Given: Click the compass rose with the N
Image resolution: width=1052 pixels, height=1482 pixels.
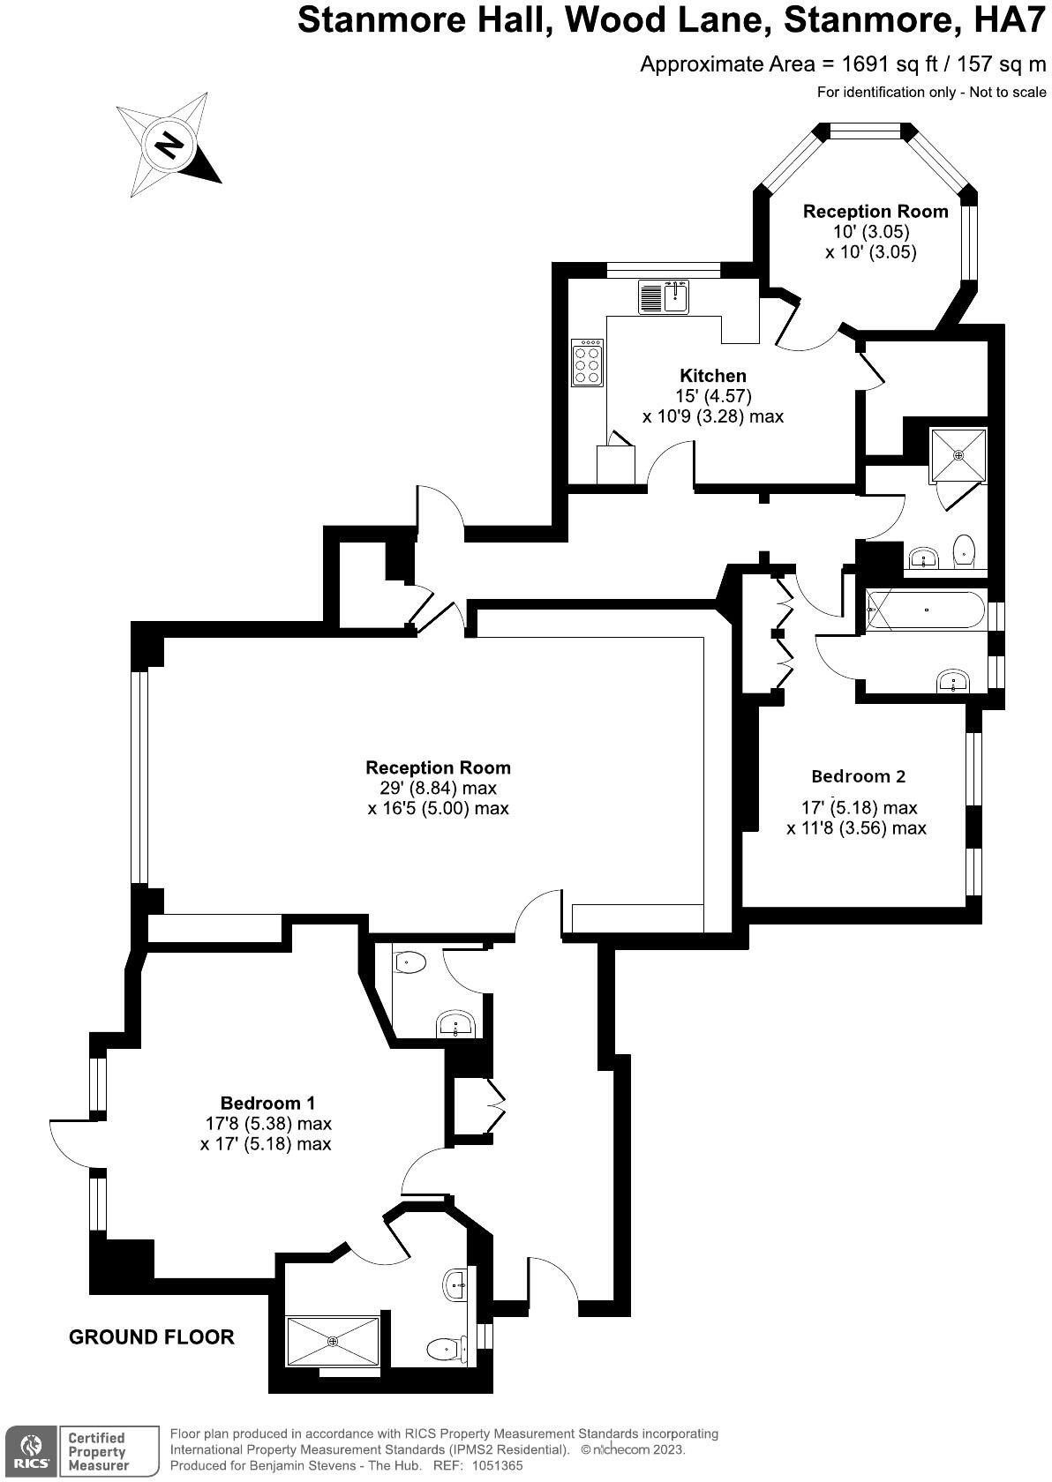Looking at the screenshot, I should pyautogui.click(x=167, y=145).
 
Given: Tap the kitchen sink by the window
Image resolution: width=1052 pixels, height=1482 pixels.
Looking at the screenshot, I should pyautogui.click(x=664, y=296).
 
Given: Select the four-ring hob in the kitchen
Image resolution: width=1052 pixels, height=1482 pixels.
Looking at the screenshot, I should pyautogui.click(x=588, y=362).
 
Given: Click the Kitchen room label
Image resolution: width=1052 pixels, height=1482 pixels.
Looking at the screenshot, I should pyautogui.click(x=712, y=376).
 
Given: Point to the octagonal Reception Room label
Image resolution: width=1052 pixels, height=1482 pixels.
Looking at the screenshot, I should pyautogui.click(x=875, y=212).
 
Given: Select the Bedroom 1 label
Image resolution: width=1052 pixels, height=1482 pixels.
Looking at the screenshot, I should pyautogui.click(x=267, y=1103).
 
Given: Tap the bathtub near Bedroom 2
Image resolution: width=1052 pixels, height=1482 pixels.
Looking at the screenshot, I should pyautogui.click(x=925, y=610).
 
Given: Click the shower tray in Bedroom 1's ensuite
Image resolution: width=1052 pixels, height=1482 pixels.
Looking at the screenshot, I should pyautogui.click(x=333, y=1342).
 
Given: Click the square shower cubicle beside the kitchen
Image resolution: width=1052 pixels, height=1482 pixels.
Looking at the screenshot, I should pyautogui.click(x=958, y=455).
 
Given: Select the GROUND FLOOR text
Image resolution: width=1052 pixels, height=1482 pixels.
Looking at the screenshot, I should pyautogui.click(x=152, y=1337).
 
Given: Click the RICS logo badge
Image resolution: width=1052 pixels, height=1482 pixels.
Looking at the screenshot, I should pyautogui.click(x=32, y=1450).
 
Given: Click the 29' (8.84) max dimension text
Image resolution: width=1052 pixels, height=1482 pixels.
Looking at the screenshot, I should pyautogui.click(x=432, y=788).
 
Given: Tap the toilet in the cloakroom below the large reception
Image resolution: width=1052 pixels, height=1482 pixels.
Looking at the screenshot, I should pyautogui.click(x=409, y=962).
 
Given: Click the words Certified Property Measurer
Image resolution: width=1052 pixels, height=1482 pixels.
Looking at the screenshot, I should pyautogui.click(x=98, y=1451).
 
